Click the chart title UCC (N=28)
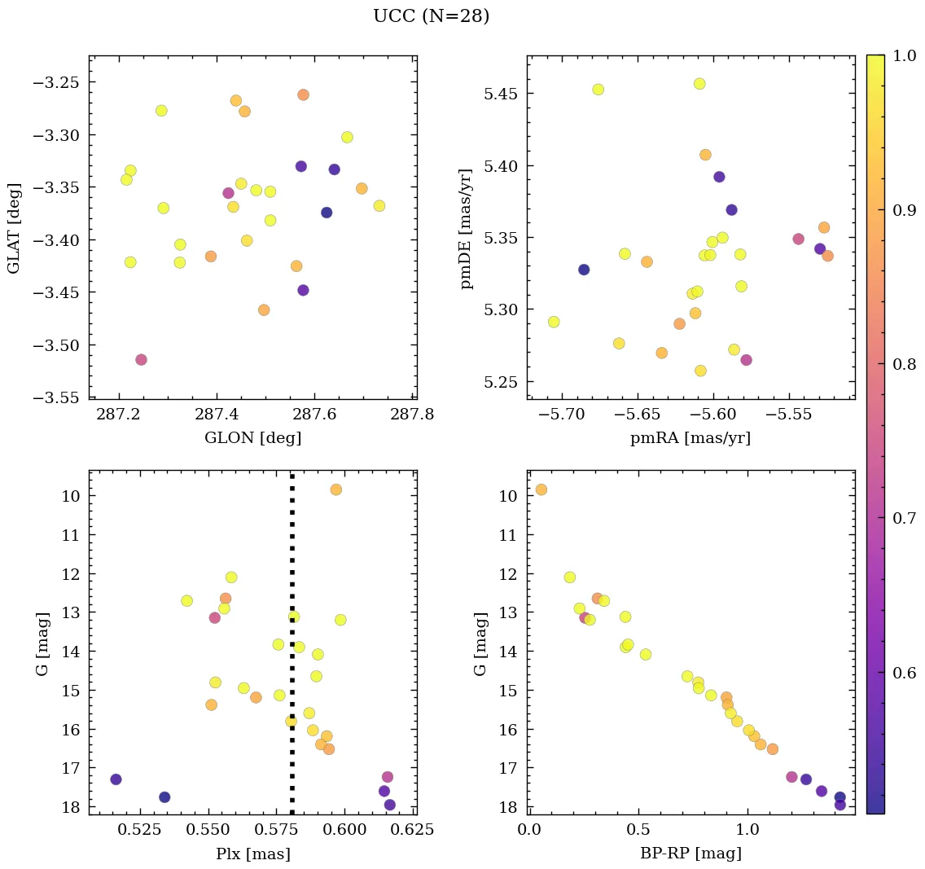tap(432, 16)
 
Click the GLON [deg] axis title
tap(252, 438)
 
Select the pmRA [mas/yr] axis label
tap(690, 438)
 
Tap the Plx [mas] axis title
tap(252, 854)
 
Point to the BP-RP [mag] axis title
tap(690, 854)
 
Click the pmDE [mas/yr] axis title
tap(467, 229)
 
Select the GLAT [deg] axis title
tap(13, 229)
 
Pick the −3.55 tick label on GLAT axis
tap(60, 397)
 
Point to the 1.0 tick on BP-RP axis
tap(747, 831)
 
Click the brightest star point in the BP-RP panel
tap(541, 489)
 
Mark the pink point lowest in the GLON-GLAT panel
tap(141, 359)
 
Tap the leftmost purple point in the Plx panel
tap(116, 779)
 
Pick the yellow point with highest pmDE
tap(699, 84)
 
